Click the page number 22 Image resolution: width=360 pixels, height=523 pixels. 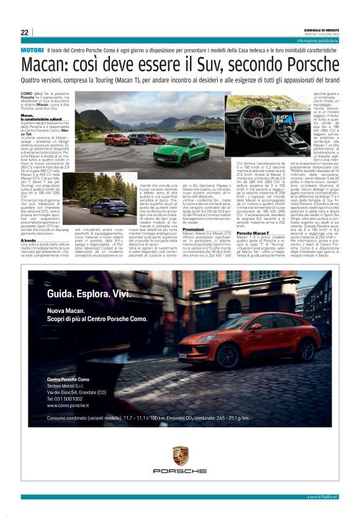click(25, 32)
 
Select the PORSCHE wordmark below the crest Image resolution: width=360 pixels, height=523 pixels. click(180, 471)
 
